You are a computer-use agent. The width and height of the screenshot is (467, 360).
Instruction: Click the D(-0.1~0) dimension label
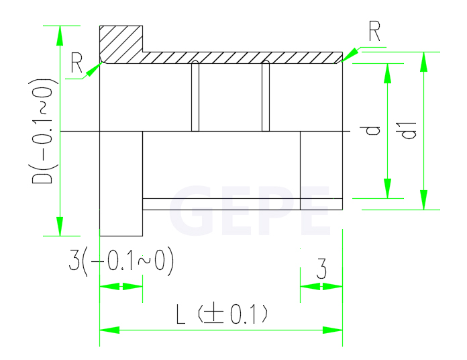pyautogui.click(x=41, y=131)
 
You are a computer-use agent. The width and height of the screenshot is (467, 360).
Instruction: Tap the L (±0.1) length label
pyautogui.click(x=222, y=314)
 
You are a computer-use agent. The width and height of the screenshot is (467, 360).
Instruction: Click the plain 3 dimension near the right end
pyautogui.click(x=321, y=269)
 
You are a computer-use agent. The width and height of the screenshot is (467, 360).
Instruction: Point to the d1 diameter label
pyautogui.click(x=409, y=130)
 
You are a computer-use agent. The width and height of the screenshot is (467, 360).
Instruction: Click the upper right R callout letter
pyautogui.click(x=374, y=31)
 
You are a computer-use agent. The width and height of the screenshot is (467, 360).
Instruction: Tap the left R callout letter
pyautogui.click(x=76, y=62)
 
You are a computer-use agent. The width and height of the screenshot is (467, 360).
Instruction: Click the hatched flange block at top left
pyautogui.click(x=121, y=45)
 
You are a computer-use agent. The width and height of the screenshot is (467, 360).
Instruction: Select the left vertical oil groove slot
pyautogui.click(x=195, y=95)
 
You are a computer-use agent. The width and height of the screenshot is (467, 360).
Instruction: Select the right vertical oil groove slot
pyautogui.click(x=266, y=95)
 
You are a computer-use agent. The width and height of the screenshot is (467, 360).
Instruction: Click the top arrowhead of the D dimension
pyautogui.click(x=60, y=36)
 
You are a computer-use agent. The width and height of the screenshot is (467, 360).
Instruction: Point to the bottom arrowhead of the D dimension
pyautogui.click(x=60, y=226)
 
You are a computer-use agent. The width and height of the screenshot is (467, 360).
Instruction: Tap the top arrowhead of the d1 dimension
pyautogui.click(x=423, y=62)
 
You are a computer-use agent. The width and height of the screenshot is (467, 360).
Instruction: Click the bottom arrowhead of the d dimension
pyautogui.click(x=387, y=188)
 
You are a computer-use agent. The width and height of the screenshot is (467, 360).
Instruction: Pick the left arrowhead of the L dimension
pyautogui.click(x=109, y=330)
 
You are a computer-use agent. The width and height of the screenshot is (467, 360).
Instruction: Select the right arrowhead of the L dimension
pyautogui.click(x=333, y=330)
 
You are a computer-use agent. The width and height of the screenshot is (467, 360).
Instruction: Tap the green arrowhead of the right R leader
pyautogui.click(x=350, y=55)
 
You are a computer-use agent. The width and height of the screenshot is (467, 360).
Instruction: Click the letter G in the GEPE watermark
pyautogui.click(x=191, y=210)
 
